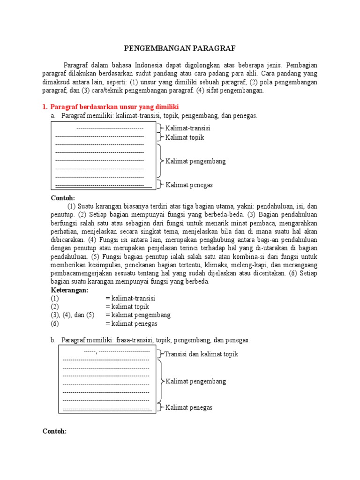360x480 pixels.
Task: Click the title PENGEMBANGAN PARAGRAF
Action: tap(180, 48)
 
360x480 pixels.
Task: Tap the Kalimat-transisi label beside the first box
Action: tap(188, 128)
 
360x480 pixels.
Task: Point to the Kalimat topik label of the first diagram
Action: tap(185, 137)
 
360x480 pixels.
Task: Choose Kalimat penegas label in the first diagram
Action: tap(189, 185)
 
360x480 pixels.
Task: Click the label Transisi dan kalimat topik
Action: tap(202, 354)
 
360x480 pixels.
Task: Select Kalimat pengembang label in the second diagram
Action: tap(195, 381)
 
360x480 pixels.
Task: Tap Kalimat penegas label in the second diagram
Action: tap(189, 407)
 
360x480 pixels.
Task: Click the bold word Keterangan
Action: tap(69, 290)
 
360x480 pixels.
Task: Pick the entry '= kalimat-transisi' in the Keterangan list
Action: tap(130, 298)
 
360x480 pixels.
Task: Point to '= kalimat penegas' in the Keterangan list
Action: tap(131, 323)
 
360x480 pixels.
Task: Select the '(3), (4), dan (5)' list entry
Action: tap(73, 315)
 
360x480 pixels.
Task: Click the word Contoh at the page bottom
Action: tap(55, 431)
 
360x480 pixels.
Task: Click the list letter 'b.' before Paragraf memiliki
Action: tap(53, 340)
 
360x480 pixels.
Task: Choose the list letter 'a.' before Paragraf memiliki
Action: tap(53, 115)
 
